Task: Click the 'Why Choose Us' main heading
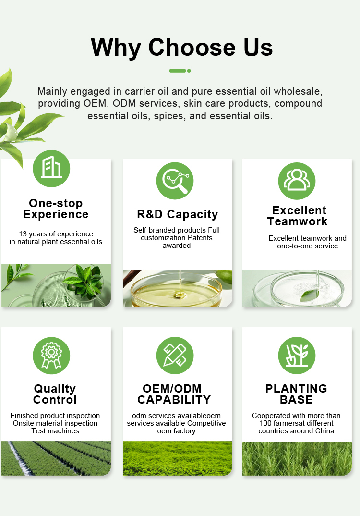tap(181, 48)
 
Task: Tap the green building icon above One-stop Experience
tap(51, 169)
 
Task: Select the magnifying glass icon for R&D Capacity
tap(175, 181)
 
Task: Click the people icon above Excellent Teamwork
tap(297, 181)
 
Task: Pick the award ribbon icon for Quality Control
tap(51, 356)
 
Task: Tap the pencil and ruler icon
tap(175, 356)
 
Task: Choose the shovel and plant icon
tap(297, 356)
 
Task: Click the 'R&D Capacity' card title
tap(178, 214)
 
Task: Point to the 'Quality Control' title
tap(55, 394)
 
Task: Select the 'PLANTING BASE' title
tap(296, 394)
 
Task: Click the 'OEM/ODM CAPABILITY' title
tap(174, 394)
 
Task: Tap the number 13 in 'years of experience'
tap(23, 234)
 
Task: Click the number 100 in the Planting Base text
tap(265, 423)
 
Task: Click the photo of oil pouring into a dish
tap(178, 289)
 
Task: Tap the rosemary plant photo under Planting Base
tap(297, 458)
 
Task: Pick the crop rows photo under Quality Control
tap(56, 458)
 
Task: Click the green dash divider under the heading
tap(180, 71)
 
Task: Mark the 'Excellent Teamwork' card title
tap(298, 216)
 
